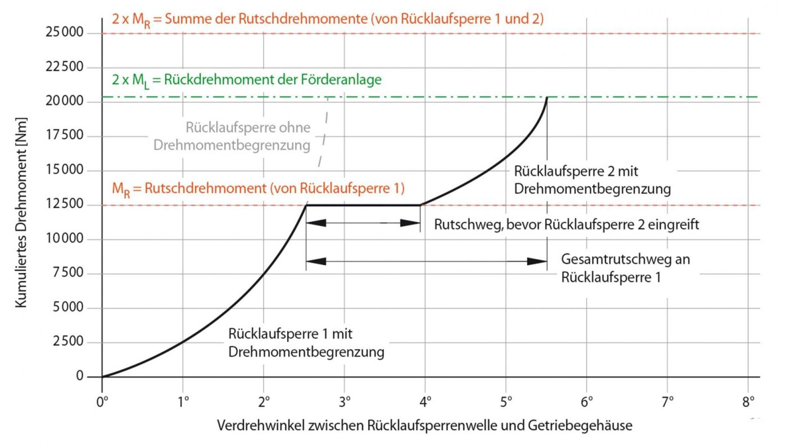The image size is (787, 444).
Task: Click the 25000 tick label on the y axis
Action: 64,33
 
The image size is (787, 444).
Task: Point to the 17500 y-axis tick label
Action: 64,135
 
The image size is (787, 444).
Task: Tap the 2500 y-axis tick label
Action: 68,341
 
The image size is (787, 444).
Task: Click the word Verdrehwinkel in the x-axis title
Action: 261,425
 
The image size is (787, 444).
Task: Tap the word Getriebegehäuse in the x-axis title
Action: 580,425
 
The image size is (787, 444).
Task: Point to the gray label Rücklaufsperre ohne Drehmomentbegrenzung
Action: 232,136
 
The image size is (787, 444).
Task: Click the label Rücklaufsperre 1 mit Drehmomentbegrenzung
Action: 306,342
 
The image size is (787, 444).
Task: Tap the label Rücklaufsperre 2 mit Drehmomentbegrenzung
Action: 592,180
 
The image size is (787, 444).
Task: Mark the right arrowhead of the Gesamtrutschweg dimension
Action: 537,261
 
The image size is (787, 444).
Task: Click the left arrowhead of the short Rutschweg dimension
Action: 316,223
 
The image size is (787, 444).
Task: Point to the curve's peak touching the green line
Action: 547,98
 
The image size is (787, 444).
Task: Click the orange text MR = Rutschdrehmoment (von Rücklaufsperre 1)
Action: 258,189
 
